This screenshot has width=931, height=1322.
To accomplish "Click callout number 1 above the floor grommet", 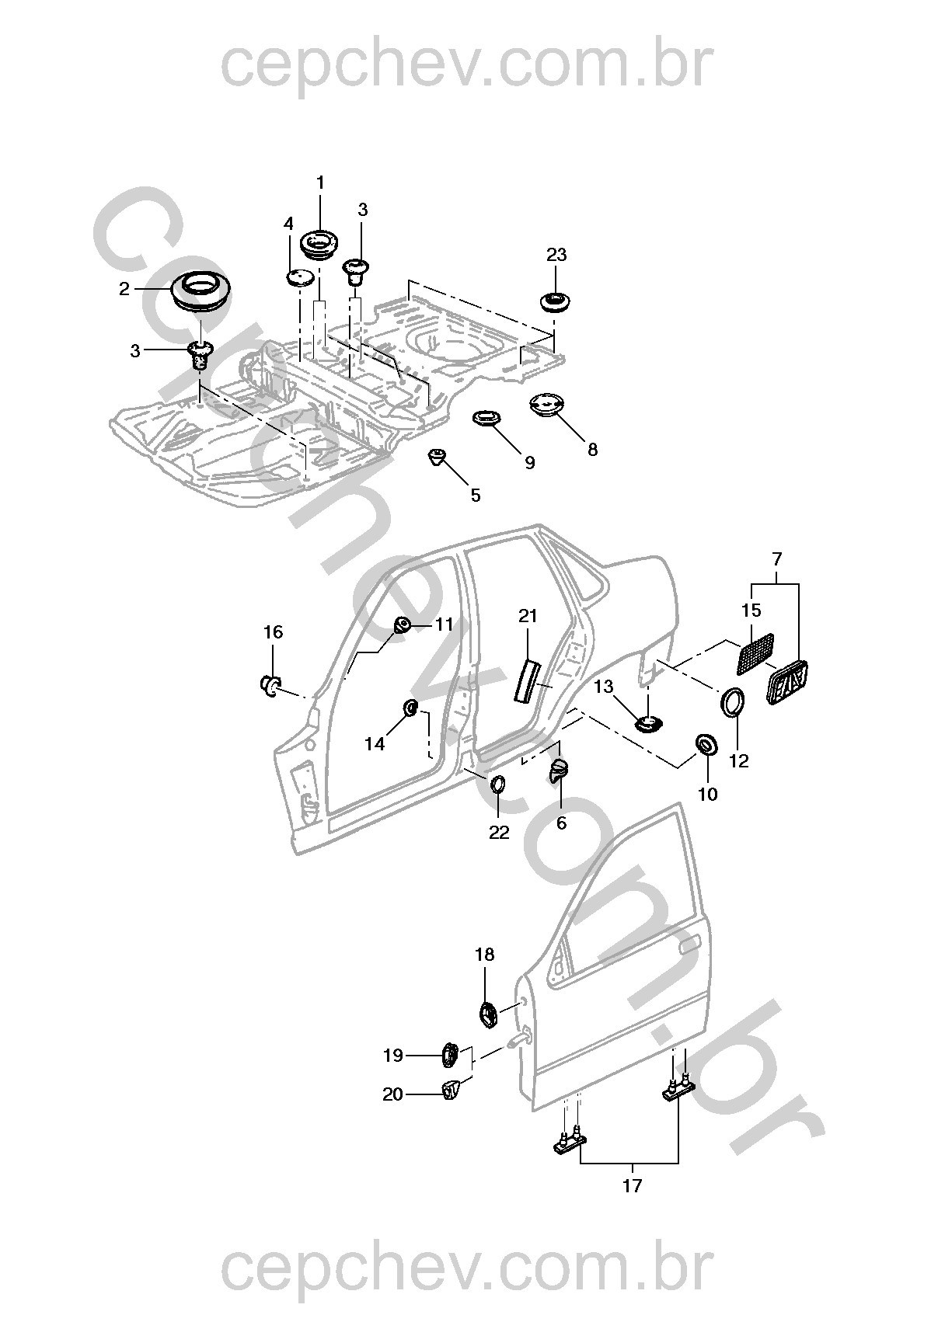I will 320,183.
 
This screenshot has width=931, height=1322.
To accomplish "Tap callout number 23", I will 556,255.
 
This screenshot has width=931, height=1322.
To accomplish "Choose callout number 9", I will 529,463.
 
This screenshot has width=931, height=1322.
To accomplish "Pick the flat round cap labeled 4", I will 299,277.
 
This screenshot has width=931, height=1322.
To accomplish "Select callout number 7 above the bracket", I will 777,558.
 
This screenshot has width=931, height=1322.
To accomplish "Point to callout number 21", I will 528,616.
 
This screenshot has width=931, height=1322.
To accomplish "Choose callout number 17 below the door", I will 633,1186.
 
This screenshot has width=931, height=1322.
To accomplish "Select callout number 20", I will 393,1094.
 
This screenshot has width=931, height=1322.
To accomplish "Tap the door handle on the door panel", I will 689,947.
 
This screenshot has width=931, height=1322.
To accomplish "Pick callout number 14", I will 375,744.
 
